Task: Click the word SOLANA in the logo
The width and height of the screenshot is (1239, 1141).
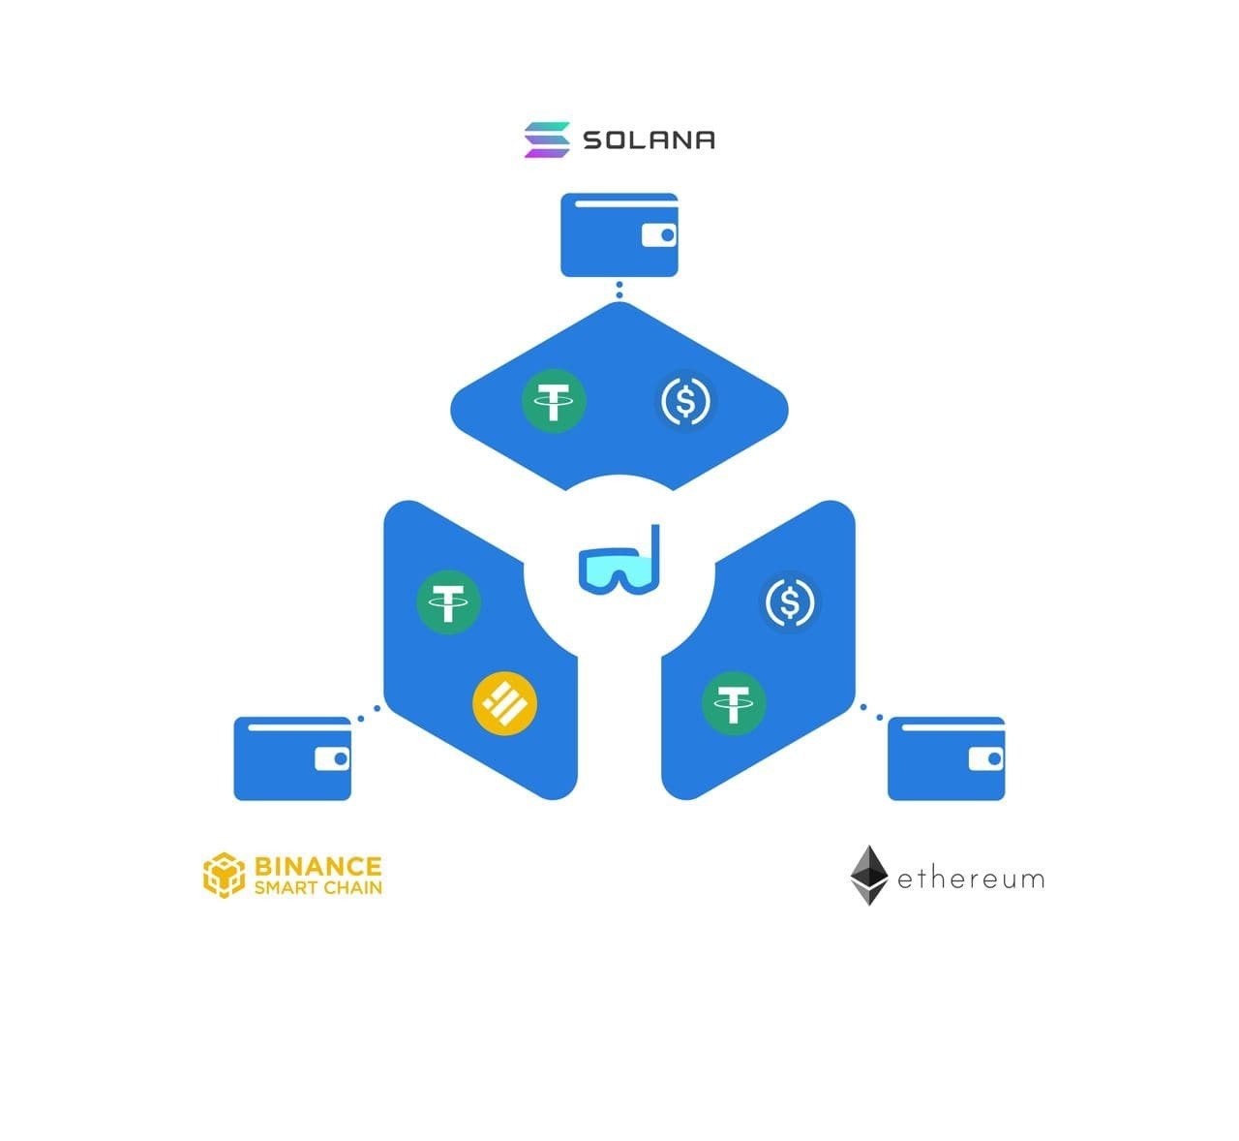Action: coord(650,139)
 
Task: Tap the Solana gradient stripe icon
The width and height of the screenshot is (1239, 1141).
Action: coord(547,139)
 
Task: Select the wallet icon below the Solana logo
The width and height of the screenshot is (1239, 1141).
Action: coord(619,234)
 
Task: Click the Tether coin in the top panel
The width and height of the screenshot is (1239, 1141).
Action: coord(554,401)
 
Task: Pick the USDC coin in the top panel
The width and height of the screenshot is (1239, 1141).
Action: coord(685,401)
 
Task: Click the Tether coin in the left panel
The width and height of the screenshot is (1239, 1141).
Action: coord(448,601)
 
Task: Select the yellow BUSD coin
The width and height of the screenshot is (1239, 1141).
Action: coord(504,703)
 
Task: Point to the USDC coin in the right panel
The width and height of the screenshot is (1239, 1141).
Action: coord(790,601)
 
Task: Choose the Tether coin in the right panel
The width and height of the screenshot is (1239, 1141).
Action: coord(734,703)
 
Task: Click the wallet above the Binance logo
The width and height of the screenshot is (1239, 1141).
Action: coord(292,758)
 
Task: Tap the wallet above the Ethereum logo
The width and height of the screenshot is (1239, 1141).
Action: coord(947,758)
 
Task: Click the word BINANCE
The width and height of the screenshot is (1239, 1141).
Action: coord(318,866)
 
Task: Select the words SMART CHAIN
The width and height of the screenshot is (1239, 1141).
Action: coord(318,888)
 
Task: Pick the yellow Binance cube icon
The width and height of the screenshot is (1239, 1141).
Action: coord(224,876)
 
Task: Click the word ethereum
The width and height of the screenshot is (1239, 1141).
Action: coord(971,879)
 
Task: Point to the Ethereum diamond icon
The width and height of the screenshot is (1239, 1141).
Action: coord(869,876)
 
